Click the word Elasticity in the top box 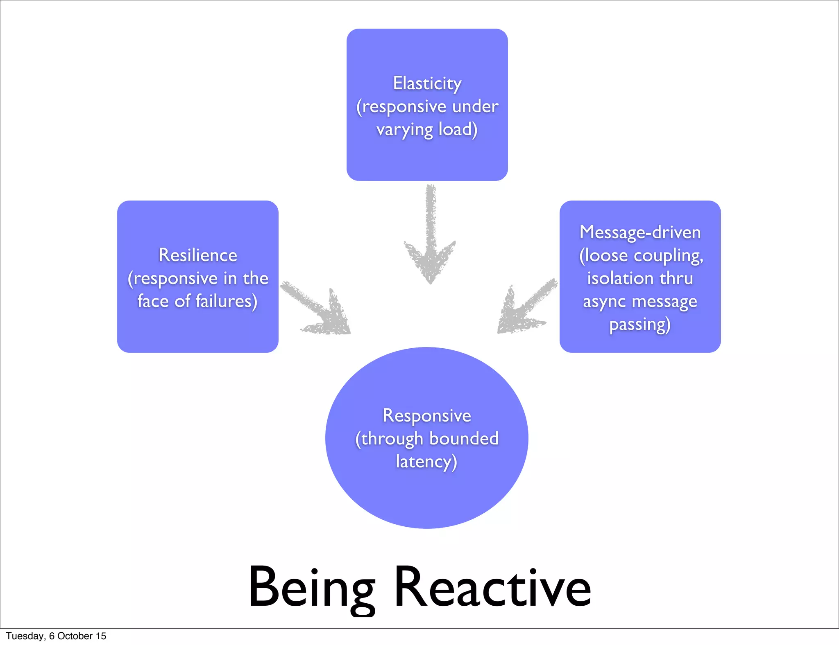427,83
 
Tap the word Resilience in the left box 198,255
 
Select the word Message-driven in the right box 640,232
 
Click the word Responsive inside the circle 427,416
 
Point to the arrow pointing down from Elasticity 430,237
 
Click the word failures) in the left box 226,301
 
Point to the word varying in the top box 404,130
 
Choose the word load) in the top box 458,129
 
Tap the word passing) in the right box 640,325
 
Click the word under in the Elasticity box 475,106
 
